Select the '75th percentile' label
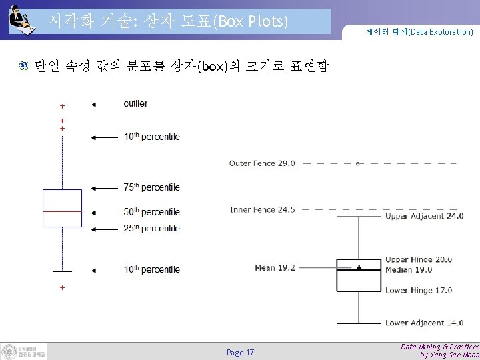151,188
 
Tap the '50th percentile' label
151,213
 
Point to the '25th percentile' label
151,229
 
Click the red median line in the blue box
61,210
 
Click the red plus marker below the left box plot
62,288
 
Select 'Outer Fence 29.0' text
261,163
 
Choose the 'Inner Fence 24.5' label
262,209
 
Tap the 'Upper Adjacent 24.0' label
424,216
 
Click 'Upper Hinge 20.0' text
419,260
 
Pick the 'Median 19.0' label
409,269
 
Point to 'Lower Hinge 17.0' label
419,290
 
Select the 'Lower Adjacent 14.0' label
424,323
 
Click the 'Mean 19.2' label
275,268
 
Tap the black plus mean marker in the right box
359,267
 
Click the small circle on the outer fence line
358,163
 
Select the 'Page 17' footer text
240,352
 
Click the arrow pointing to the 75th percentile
103,188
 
